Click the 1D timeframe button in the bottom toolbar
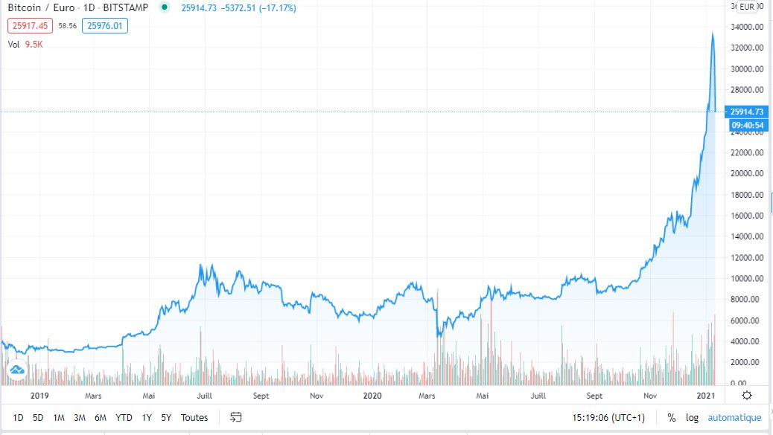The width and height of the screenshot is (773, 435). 19,418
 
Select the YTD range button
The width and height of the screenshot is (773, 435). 124,418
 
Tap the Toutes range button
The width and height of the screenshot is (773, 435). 194,418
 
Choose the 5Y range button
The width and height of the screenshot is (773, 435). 166,418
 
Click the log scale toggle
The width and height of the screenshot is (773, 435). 692,418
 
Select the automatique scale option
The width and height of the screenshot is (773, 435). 734,418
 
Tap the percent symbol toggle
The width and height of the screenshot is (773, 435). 671,418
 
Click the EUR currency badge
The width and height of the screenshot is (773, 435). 748,7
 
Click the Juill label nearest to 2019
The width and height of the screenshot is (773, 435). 205,396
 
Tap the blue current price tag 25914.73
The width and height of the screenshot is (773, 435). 747,112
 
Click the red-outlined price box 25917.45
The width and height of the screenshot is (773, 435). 30,26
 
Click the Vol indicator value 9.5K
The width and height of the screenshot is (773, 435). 33,44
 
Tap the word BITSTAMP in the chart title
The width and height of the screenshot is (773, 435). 124,8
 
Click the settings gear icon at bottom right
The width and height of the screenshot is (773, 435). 747,396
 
